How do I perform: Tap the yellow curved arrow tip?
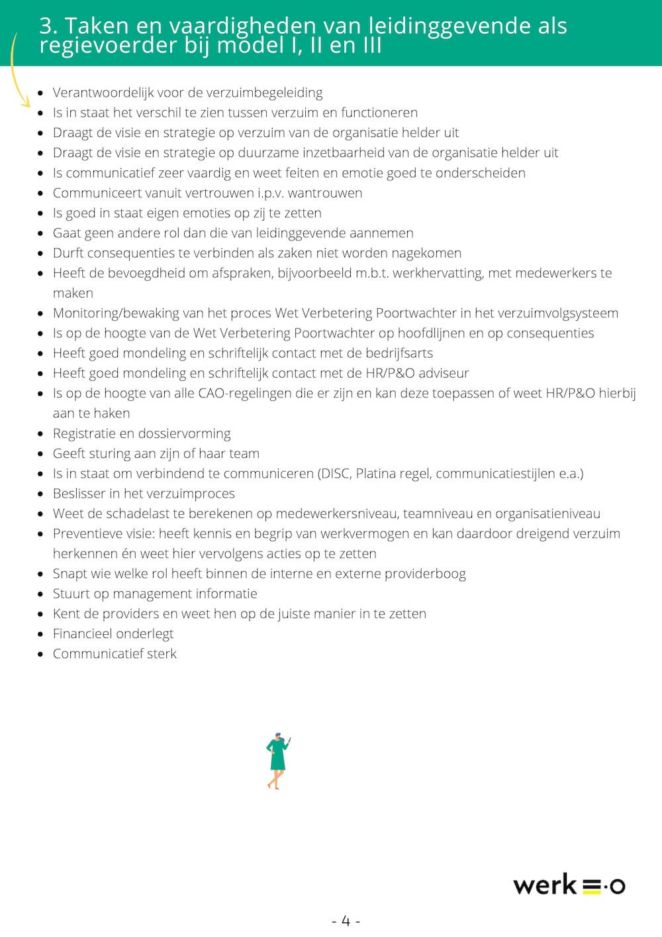click(x=27, y=104)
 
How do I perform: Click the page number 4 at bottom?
click(x=346, y=920)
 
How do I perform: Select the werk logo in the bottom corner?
click(x=569, y=885)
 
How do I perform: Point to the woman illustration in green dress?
click(x=277, y=761)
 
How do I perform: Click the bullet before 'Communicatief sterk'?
click(x=40, y=654)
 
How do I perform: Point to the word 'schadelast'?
click(x=136, y=514)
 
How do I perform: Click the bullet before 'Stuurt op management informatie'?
click(x=40, y=594)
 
